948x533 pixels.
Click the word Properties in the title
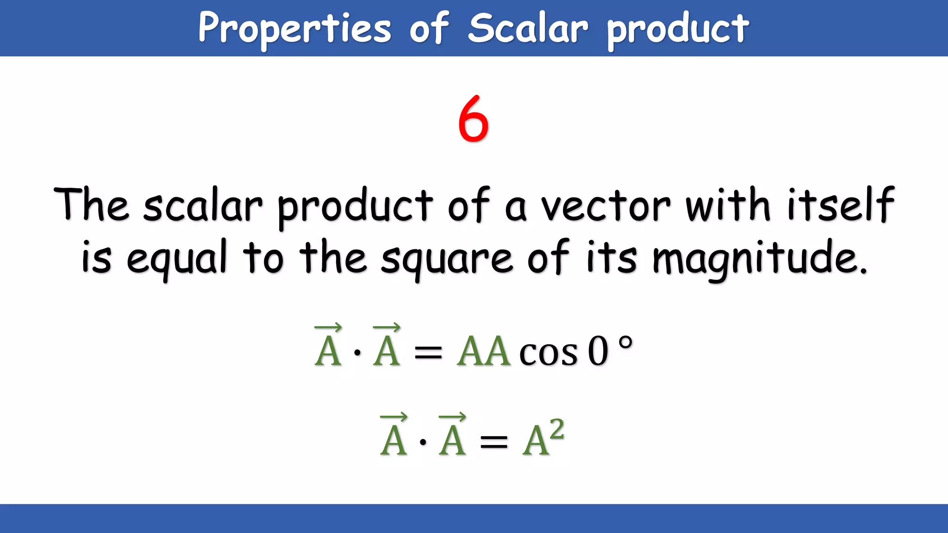[295, 29]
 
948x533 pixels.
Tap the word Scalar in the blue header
[528, 29]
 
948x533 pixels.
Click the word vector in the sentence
[606, 205]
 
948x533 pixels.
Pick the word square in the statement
[447, 259]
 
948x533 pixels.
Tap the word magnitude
[759, 259]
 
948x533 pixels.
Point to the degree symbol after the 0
[625, 343]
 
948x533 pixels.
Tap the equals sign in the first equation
[428, 353]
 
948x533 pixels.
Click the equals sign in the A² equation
[494, 442]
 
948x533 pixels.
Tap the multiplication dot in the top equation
[357, 353]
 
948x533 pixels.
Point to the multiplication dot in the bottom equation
[423, 442]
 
